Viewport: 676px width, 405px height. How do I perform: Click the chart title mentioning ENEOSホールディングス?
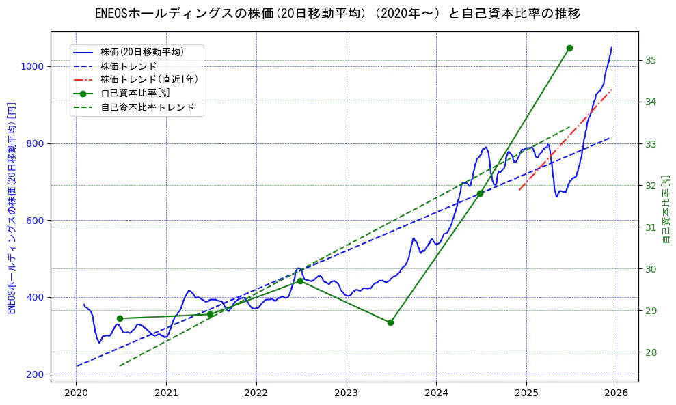[x=338, y=14]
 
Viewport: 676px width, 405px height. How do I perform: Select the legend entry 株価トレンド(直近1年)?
[x=149, y=79]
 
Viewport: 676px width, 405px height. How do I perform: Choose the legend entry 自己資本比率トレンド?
[x=148, y=107]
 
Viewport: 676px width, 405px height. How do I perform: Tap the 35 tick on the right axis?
[x=650, y=61]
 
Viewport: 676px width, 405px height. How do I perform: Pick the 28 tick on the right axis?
[x=650, y=352]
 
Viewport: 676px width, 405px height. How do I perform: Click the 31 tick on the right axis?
[x=650, y=227]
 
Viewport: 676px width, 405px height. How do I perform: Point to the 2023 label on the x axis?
[x=347, y=393]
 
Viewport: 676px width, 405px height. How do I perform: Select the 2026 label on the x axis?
[x=617, y=393]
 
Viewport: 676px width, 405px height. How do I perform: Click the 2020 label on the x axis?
[x=76, y=393]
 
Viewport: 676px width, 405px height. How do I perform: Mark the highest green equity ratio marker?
[x=569, y=48]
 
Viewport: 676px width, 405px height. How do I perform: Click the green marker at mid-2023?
[x=390, y=322]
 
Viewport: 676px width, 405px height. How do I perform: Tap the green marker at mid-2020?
[x=120, y=318]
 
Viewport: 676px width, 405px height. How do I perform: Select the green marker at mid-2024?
[x=480, y=193]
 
